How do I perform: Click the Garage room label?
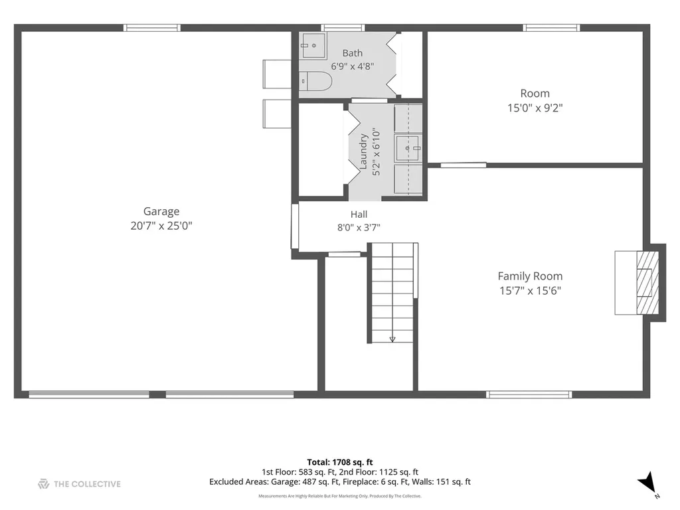(161, 212)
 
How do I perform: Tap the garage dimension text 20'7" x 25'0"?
(161, 226)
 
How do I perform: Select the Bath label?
(353, 53)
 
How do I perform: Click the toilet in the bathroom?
(316, 81)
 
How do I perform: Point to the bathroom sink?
(313, 46)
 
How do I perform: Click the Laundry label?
(363, 151)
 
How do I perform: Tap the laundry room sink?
(408, 148)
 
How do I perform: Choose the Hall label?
(359, 214)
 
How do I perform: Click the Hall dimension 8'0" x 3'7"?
(359, 228)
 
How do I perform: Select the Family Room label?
(530, 276)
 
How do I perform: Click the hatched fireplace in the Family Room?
(647, 283)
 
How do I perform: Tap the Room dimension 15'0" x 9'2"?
(535, 108)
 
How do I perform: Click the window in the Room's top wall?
(551, 28)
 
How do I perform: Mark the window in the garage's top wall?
(152, 28)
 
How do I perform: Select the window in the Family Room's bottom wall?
(529, 394)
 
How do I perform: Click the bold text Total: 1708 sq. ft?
(340, 462)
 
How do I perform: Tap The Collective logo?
(80, 484)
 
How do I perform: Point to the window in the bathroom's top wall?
(343, 28)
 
